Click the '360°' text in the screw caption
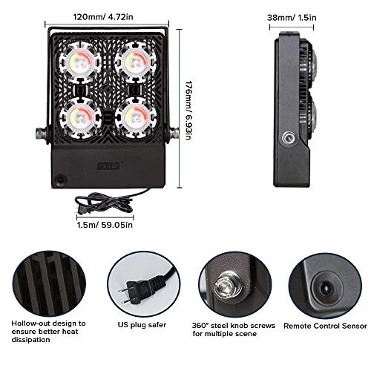pyautogui.click(x=203, y=324)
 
